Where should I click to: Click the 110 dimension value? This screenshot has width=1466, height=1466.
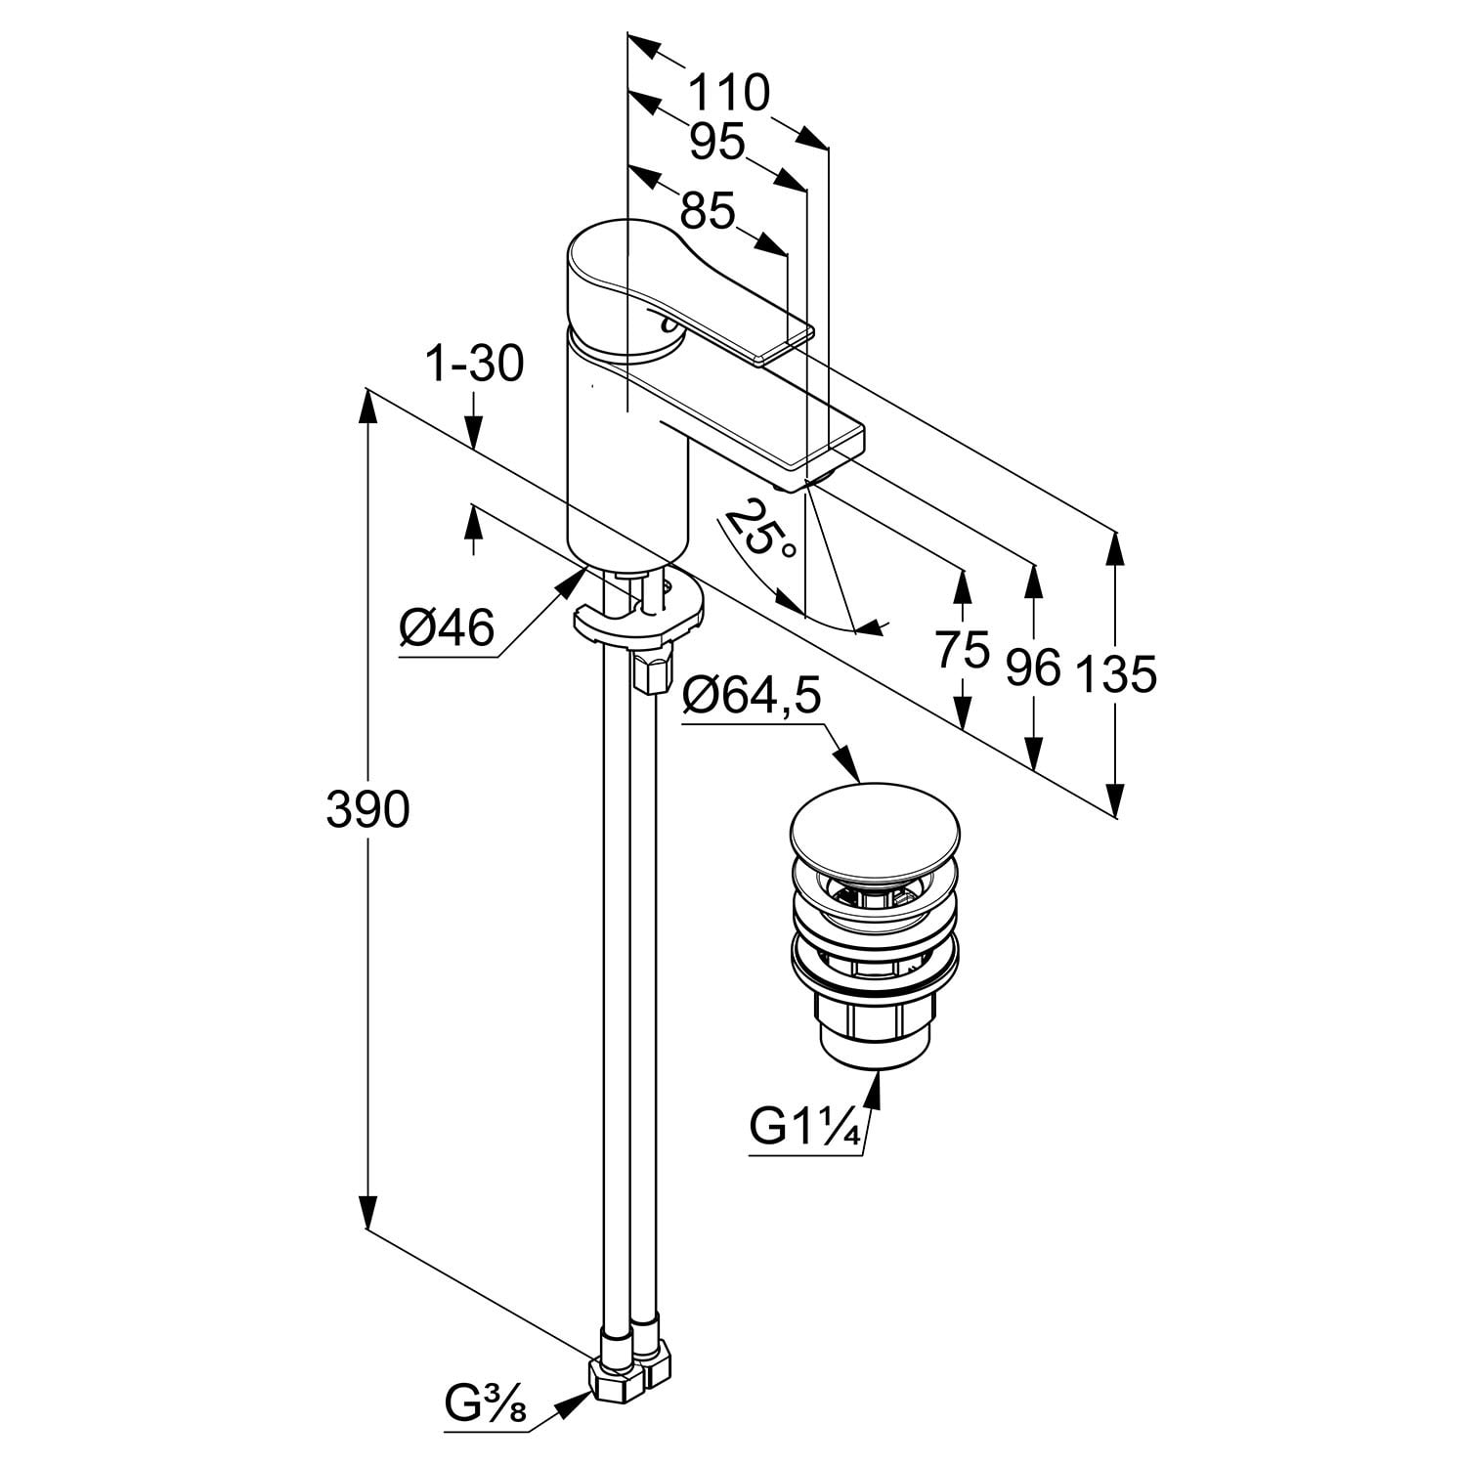tap(729, 94)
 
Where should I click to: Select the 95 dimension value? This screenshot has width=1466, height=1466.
tap(716, 143)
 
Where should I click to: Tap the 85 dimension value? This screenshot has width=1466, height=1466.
tap(707, 210)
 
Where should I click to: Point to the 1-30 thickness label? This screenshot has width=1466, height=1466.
tap(475, 366)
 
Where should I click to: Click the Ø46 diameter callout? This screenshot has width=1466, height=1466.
tap(446, 628)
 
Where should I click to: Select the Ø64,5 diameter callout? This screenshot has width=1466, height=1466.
tap(752, 698)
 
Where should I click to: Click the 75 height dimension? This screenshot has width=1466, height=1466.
tap(963, 650)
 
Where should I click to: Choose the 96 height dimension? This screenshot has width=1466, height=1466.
tap(1033, 668)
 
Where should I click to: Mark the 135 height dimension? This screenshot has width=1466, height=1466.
tap(1115, 674)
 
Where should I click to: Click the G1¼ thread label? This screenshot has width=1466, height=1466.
tap(804, 1129)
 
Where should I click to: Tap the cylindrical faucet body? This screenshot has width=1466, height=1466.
tap(625, 459)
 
